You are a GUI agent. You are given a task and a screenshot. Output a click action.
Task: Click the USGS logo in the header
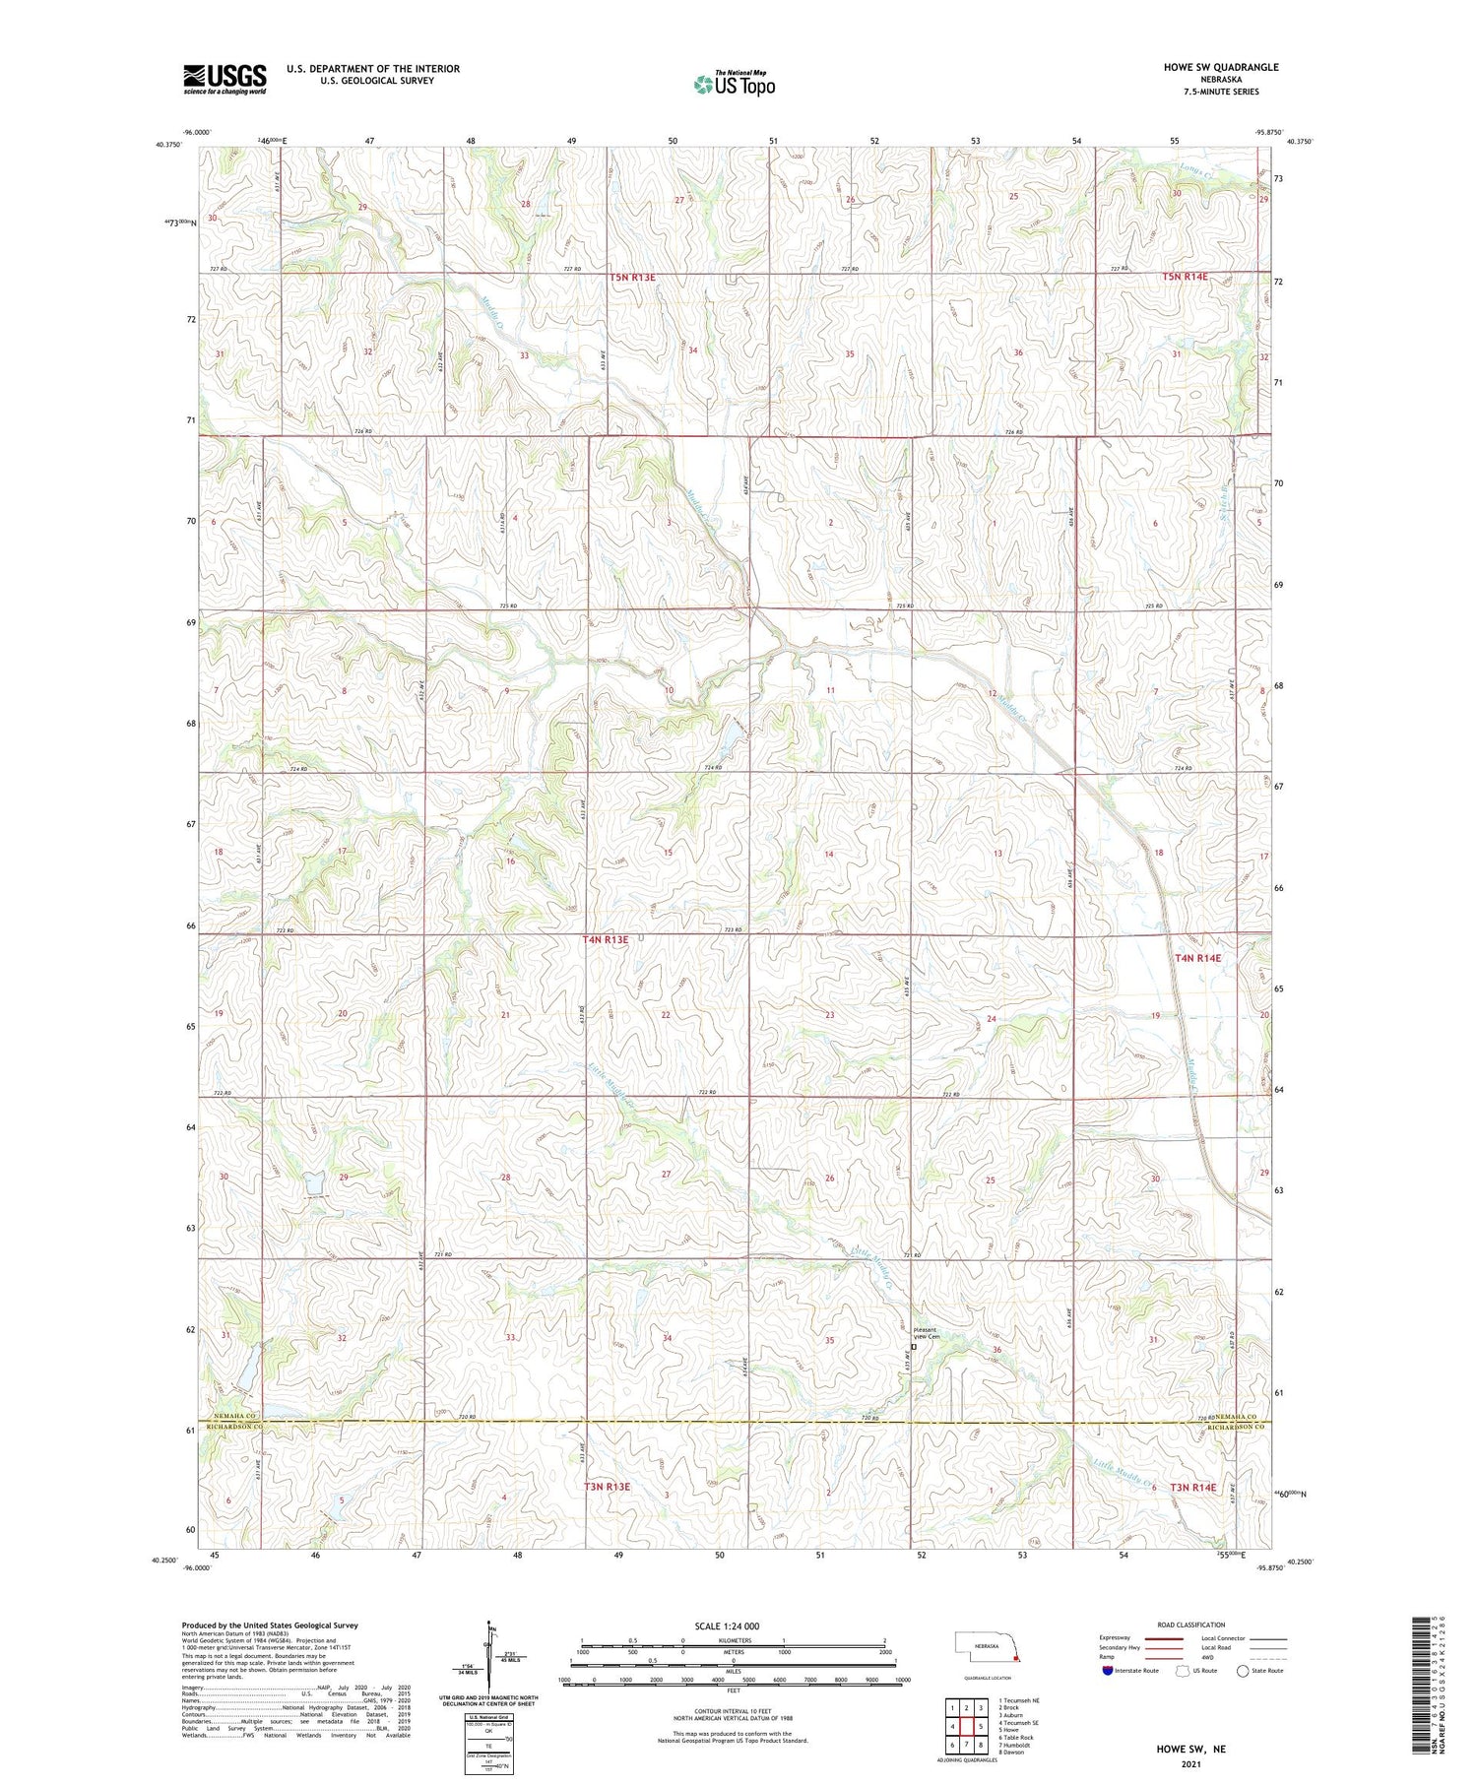[x=225, y=79]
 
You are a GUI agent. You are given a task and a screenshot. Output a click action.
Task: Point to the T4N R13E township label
[x=605, y=940]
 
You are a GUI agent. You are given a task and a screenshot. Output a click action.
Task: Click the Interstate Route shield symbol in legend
[x=1108, y=1671]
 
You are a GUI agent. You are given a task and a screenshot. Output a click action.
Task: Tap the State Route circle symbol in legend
[x=1243, y=1671]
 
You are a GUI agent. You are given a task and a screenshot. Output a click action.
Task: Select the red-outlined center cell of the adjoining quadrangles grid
[x=966, y=1726]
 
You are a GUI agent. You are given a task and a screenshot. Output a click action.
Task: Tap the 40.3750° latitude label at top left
[x=167, y=145]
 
